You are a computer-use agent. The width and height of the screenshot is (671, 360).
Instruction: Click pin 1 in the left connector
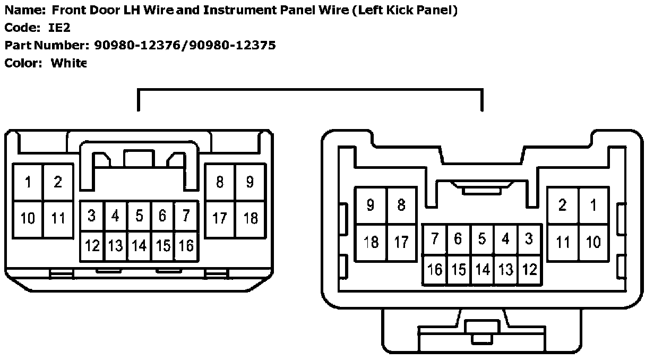pyautogui.click(x=28, y=182)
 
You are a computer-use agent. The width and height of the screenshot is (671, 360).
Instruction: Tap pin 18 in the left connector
pyautogui.click(x=250, y=218)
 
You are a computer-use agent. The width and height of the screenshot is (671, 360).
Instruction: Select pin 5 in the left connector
pyautogui.click(x=139, y=216)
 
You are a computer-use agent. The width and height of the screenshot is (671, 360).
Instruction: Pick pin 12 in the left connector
pyautogui.click(x=92, y=245)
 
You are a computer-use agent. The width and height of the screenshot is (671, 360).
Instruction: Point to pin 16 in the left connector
pyautogui.click(x=186, y=245)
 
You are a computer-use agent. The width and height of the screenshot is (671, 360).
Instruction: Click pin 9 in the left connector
pyautogui.click(x=250, y=182)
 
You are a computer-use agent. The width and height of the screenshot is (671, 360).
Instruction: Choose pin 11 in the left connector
pyautogui.click(x=58, y=218)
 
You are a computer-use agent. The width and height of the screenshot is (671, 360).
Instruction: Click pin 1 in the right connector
pyautogui.click(x=593, y=205)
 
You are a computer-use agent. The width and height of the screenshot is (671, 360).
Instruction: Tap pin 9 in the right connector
pyautogui.click(x=371, y=205)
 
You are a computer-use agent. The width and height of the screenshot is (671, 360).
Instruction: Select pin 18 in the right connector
pyautogui.click(x=371, y=242)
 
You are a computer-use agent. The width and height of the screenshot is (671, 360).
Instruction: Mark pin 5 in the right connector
pyautogui.click(x=482, y=239)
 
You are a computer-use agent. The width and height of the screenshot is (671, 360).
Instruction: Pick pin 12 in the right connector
pyautogui.click(x=529, y=270)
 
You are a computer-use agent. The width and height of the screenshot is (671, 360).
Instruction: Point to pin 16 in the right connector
pyautogui.click(x=435, y=270)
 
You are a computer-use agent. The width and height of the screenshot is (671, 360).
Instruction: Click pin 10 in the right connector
pyautogui.click(x=593, y=242)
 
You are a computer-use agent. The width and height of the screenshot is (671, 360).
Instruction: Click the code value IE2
pyautogui.click(x=59, y=28)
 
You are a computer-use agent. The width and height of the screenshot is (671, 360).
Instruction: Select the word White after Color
pyautogui.click(x=68, y=63)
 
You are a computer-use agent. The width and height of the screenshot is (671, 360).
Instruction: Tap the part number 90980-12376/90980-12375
pyautogui.click(x=185, y=45)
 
